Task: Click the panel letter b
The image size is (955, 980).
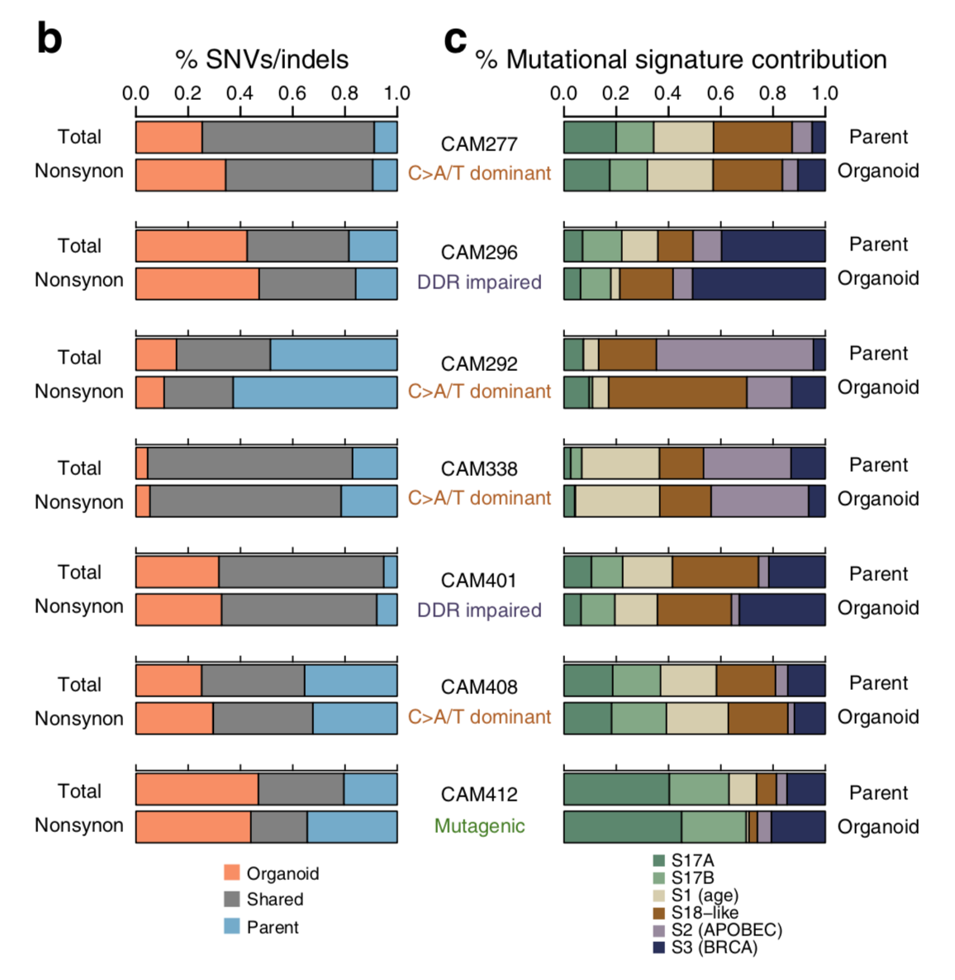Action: (x=50, y=39)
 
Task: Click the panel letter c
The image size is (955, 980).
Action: (x=455, y=39)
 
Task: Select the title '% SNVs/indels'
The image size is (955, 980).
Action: (x=262, y=59)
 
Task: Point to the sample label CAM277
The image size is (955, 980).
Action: (x=479, y=145)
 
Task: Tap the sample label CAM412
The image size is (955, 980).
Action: (x=479, y=795)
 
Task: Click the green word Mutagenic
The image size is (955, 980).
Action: (x=479, y=826)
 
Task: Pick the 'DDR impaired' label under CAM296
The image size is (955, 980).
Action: (x=479, y=283)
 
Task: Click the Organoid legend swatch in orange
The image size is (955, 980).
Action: (x=232, y=873)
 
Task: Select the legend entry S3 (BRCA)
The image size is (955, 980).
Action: (x=714, y=947)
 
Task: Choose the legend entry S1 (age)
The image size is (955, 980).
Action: (x=704, y=895)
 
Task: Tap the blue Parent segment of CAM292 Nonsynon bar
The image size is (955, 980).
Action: (x=315, y=392)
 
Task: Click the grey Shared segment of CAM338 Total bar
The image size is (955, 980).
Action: (x=249, y=464)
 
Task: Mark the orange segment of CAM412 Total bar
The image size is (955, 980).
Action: (x=197, y=789)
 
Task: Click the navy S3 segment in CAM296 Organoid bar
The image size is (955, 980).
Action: (x=758, y=283)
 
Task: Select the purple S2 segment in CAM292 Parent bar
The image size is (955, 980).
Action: (x=734, y=354)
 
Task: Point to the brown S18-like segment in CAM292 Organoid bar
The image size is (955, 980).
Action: (x=677, y=392)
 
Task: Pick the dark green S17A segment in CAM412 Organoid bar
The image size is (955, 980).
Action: (x=622, y=827)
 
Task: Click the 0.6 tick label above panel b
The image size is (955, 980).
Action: (x=292, y=93)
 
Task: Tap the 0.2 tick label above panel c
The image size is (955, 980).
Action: (x=615, y=93)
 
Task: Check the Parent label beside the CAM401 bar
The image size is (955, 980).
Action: (x=878, y=574)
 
